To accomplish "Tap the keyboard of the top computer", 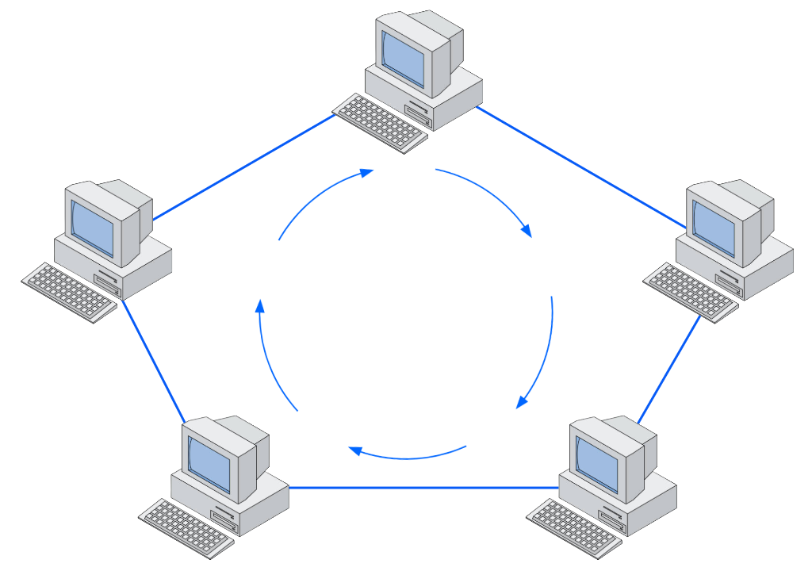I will [x=381, y=121].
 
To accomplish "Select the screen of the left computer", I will [x=92, y=226].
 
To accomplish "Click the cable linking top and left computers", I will [x=242, y=168].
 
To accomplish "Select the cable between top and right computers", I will [x=579, y=168].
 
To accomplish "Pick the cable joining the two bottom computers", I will [x=424, y=487].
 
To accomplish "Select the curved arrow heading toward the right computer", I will [x=492, y=194].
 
